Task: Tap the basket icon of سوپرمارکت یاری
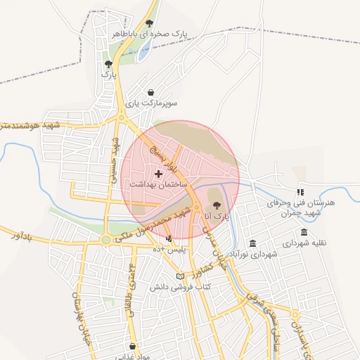pyautogui.click(x=151, y=92)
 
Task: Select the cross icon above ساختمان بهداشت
pyautogui.click(x=157, y=172)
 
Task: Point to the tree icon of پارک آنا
pyautogui.click(x=215, y=205)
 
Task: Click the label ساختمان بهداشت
pyautogui.click(x=157, y=183)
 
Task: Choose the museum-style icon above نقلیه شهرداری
pyautogui.click(x=304, y=233)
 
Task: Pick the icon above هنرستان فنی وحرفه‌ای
pyautogui.click(x=300, y=191)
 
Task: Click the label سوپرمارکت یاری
pyautogui.click(x=151, y=103)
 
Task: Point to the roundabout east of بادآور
pyautogui.click(x=106, y=240)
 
